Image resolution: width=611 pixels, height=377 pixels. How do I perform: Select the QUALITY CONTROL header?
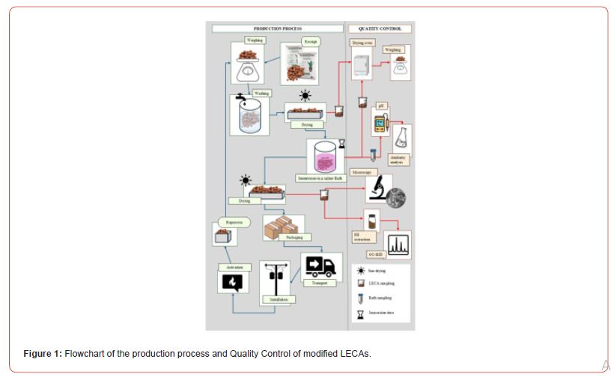coord(380,28)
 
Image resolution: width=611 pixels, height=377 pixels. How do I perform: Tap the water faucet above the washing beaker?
coord(240,98)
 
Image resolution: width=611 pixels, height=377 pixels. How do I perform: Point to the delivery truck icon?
coord(320,266)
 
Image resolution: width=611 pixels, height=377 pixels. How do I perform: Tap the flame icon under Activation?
coord(232,282)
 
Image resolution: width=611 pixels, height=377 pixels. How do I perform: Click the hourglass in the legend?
coord(360,311)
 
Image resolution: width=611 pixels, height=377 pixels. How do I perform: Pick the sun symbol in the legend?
coord(360,270)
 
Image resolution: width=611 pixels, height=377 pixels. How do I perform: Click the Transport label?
coord(319,283)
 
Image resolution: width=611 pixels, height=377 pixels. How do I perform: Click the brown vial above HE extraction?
coord(369,221)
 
